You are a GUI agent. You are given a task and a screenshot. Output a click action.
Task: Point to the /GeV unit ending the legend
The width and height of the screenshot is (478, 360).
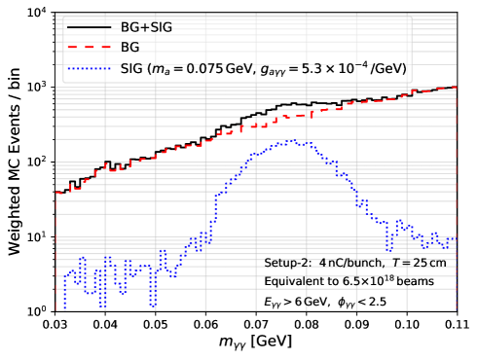pos(386,69)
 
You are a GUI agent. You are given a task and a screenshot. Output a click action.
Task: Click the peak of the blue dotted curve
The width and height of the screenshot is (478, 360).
pos(290,142)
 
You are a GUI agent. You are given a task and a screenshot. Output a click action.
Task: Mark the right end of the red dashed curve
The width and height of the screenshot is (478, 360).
pos(454,88)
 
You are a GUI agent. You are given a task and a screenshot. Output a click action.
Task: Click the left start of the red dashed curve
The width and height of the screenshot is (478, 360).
pos(57,194)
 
